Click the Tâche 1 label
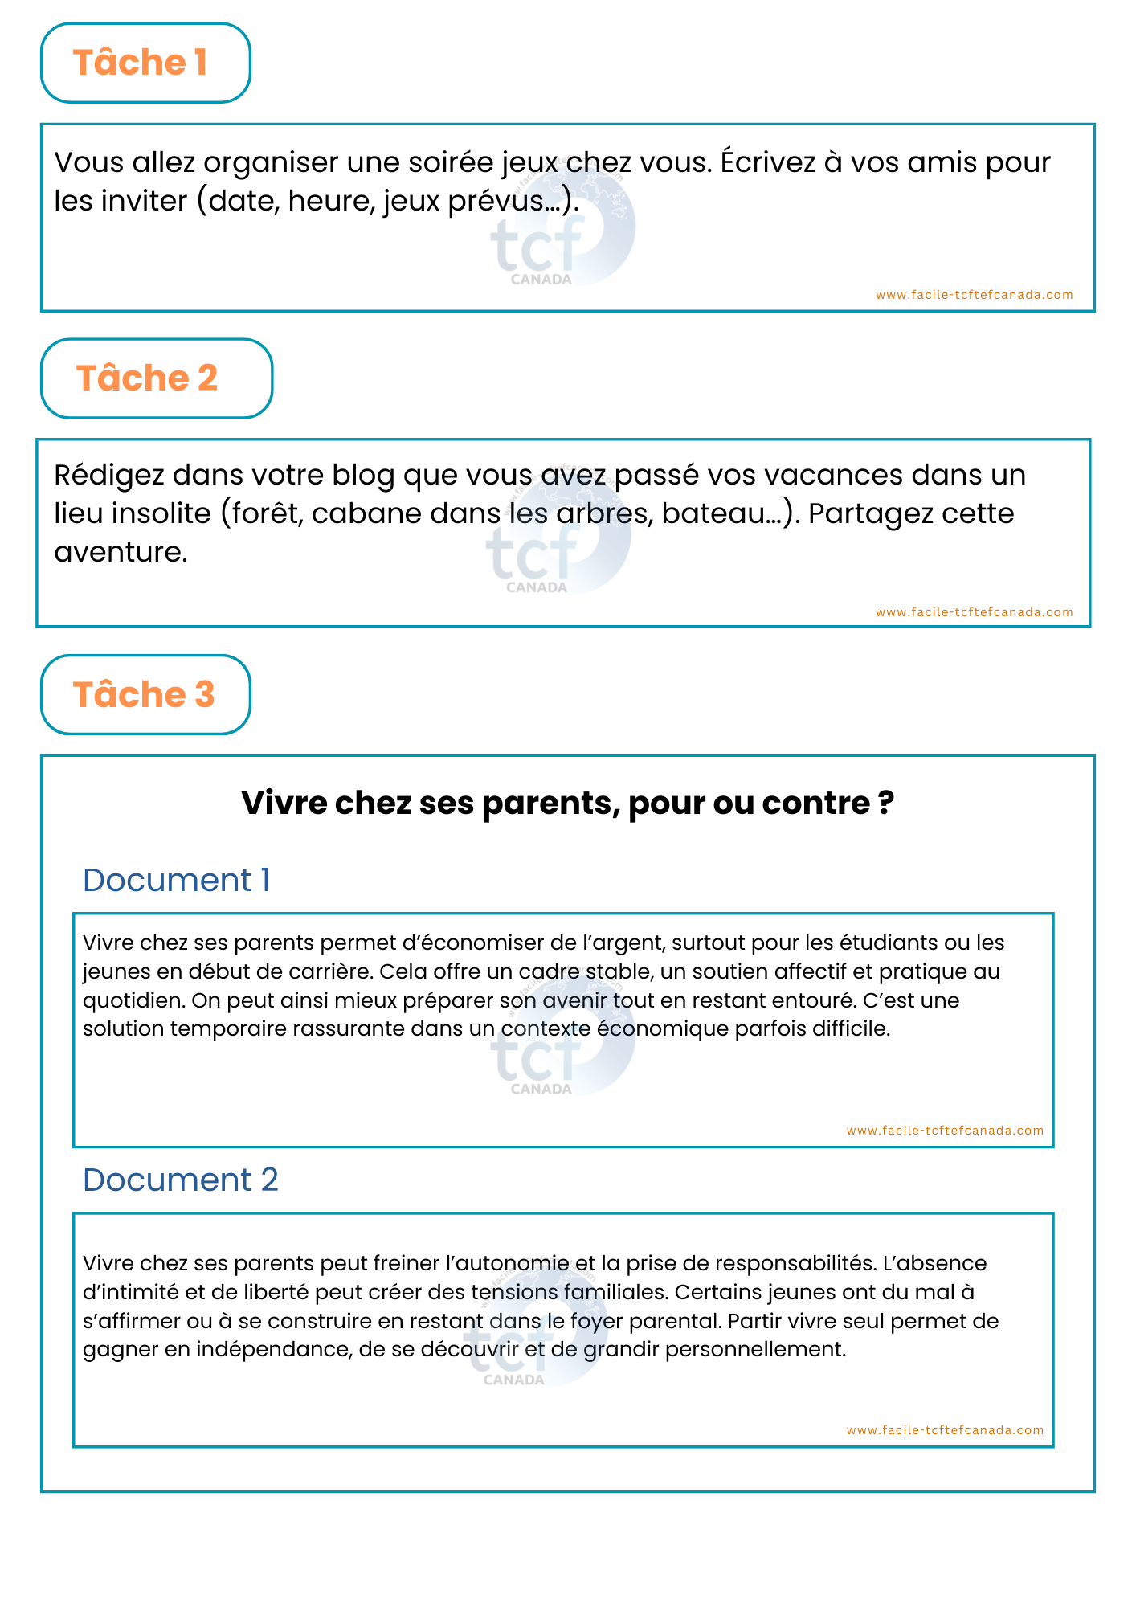141,63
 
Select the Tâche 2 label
147,378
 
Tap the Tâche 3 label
144,695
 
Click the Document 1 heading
176,880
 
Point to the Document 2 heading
180,1180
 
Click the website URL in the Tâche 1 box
974,295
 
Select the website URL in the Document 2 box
945,1430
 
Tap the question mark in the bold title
885,803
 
